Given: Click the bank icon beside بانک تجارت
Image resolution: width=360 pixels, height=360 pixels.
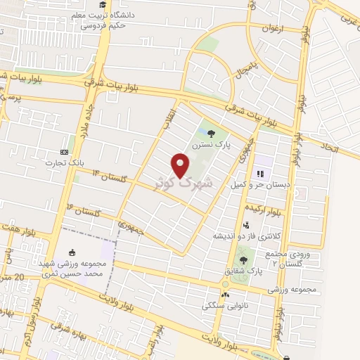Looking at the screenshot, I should point(65,152).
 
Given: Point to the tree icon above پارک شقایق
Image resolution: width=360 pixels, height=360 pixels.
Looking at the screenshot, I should point(244,261).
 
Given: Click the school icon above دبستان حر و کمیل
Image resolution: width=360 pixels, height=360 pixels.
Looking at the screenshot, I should point(259,173).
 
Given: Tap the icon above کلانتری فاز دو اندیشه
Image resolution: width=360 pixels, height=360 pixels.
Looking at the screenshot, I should point(245,225).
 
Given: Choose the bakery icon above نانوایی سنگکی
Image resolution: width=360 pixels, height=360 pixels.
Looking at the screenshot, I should point(225,295).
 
